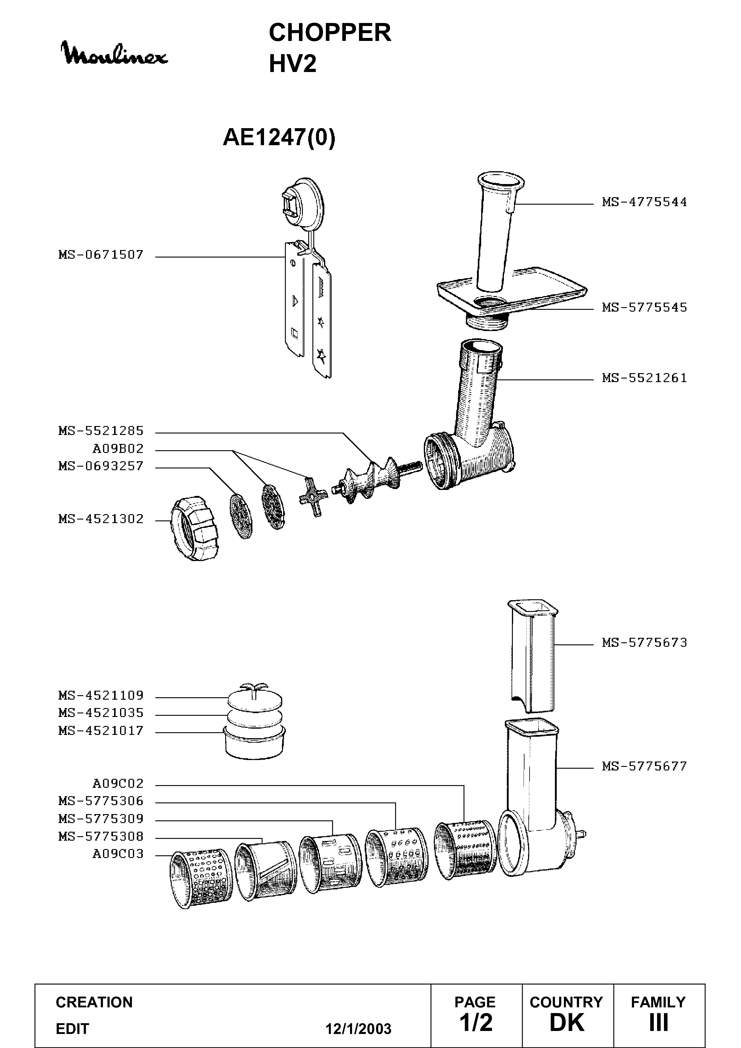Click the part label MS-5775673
tap(644, 643)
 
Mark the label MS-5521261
tap(644, 378)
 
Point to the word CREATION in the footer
tap(94, 1002)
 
